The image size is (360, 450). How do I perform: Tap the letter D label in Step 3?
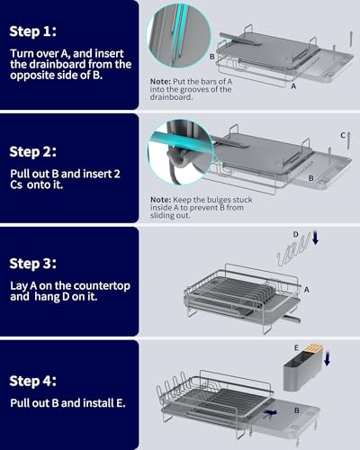click(x=294, y=233)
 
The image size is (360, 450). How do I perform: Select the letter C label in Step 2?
click(x=343, y=135)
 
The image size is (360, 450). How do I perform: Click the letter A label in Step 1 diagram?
click(x=293, y=101)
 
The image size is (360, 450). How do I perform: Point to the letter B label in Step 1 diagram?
click(x=211, y=56)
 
